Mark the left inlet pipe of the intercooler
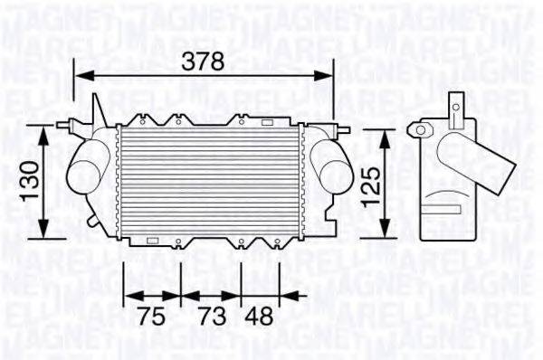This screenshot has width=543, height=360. [85, 168]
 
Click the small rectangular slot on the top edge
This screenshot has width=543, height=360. [269, 120]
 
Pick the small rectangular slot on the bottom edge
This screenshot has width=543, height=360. [152, 241]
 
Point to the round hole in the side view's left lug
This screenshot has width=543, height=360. [419, 130]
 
